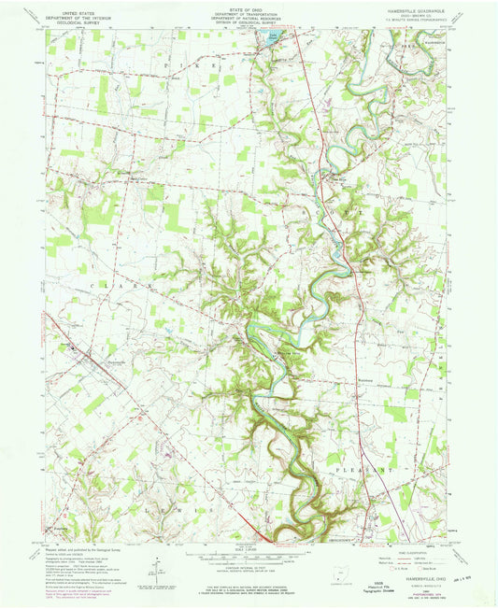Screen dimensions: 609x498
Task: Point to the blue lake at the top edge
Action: pos(269,37)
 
